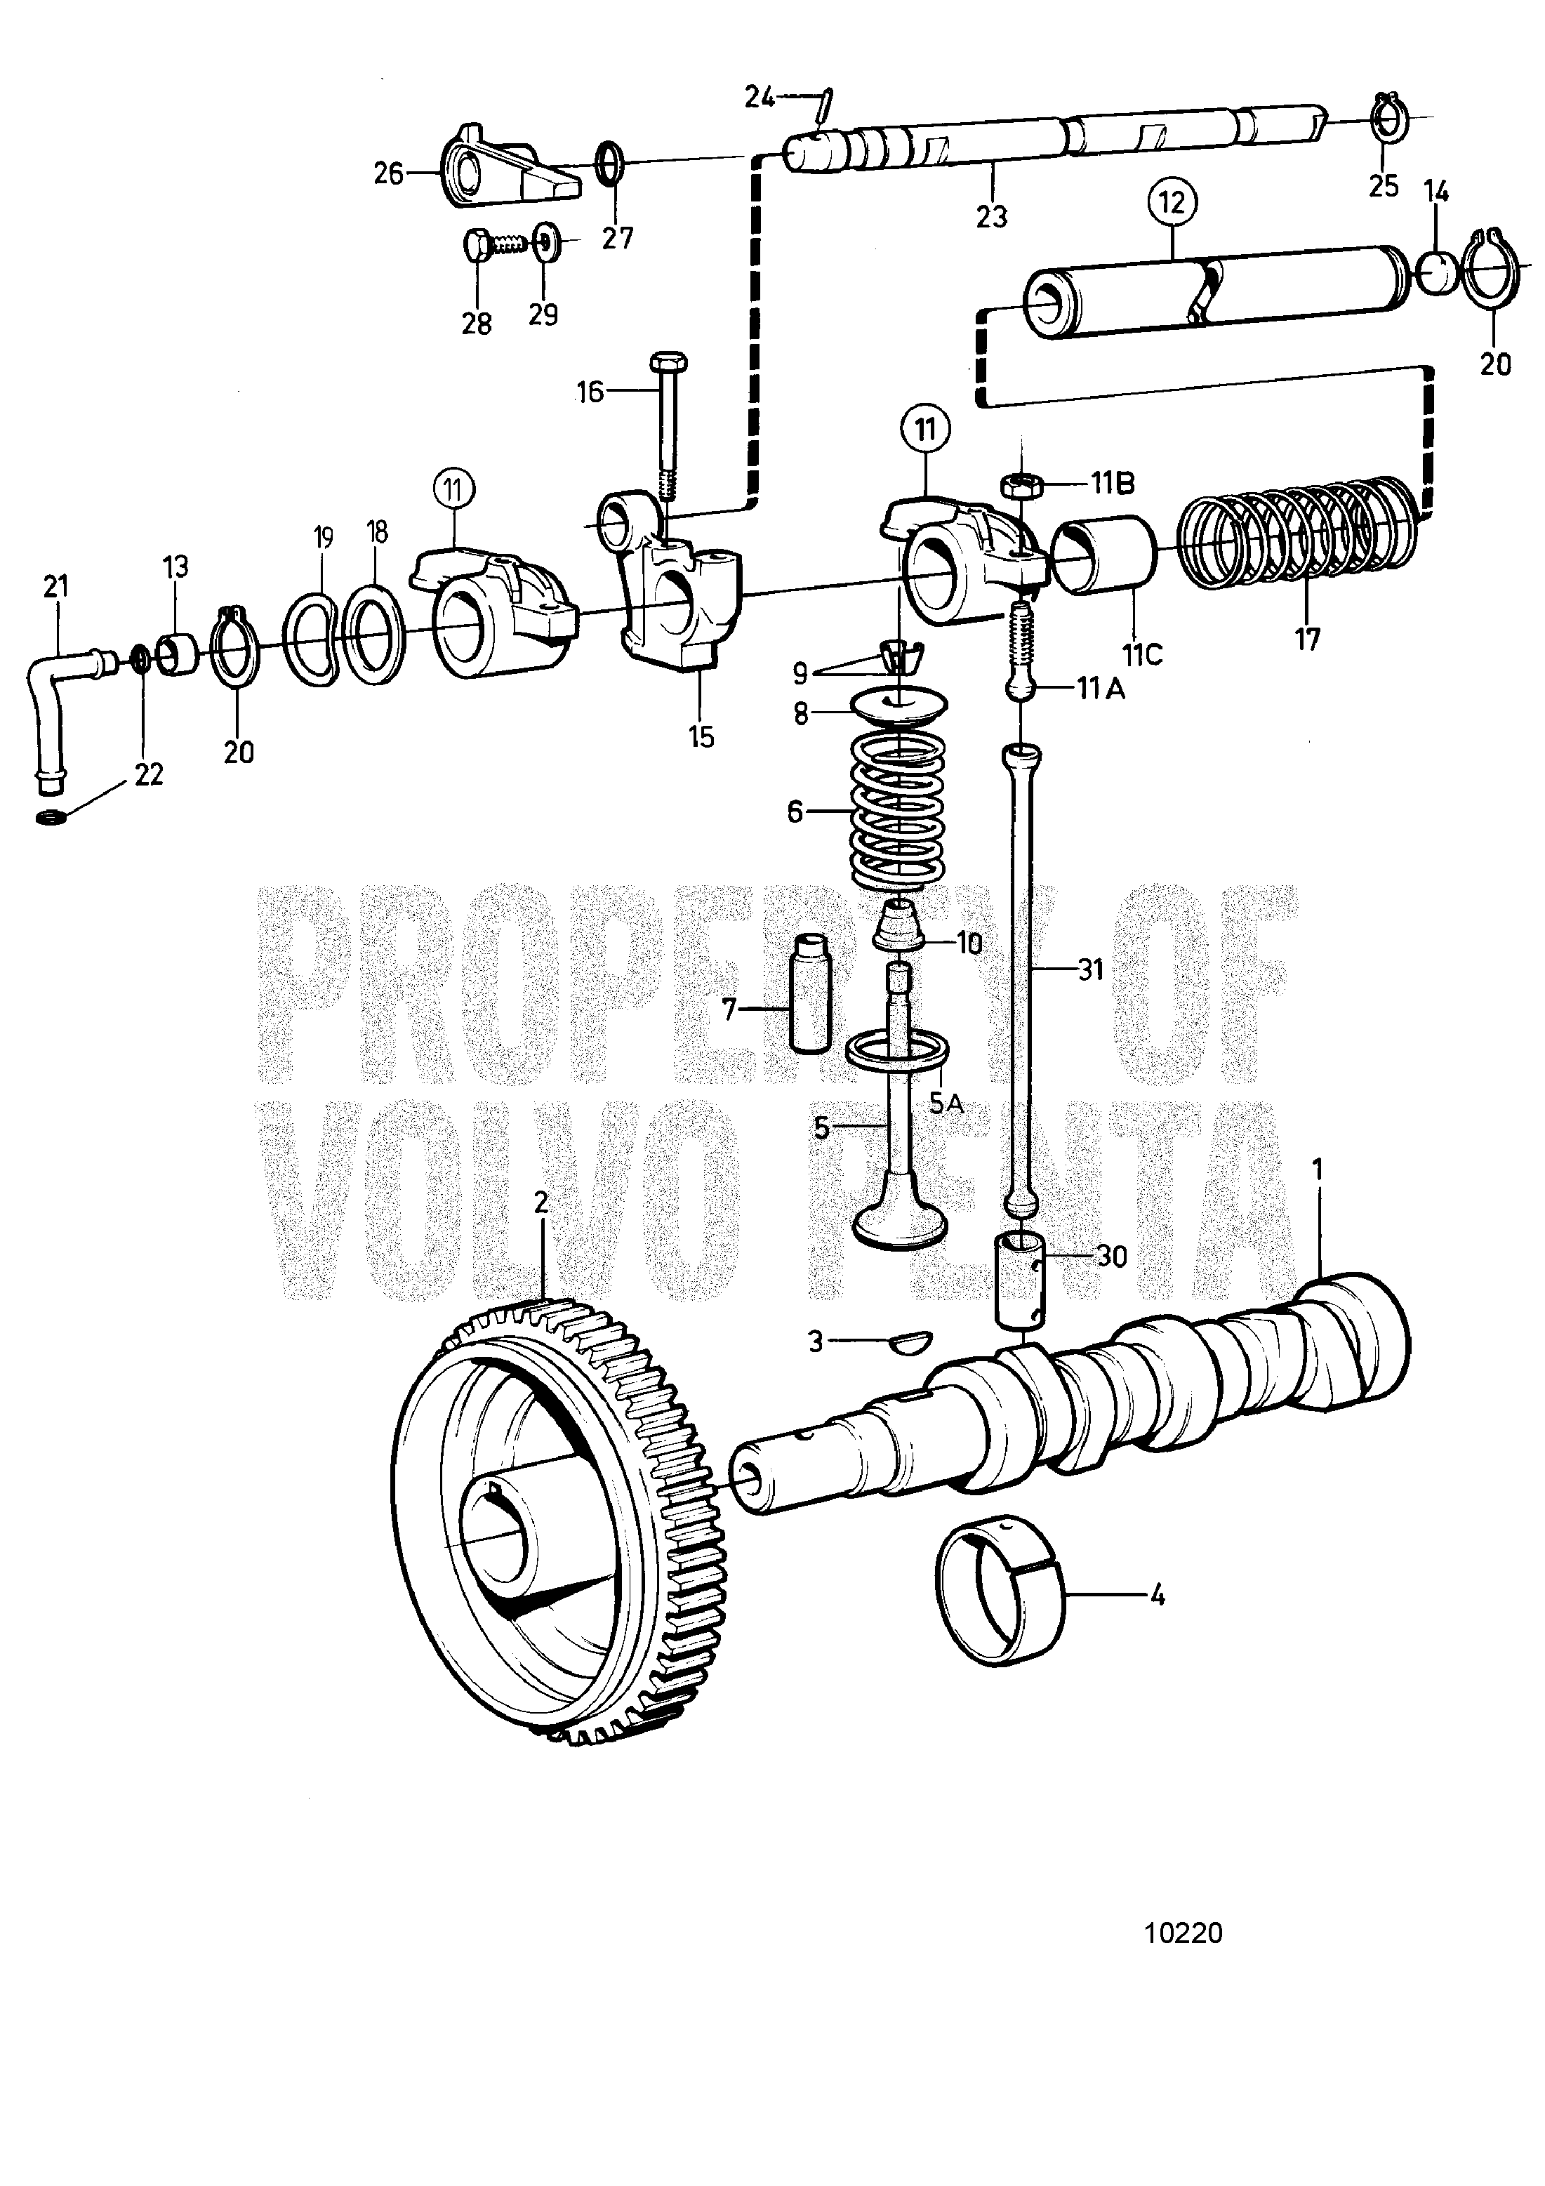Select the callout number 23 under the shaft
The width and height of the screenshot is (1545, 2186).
point(991,217)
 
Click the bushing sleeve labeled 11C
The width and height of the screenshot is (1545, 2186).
point(1103,555)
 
